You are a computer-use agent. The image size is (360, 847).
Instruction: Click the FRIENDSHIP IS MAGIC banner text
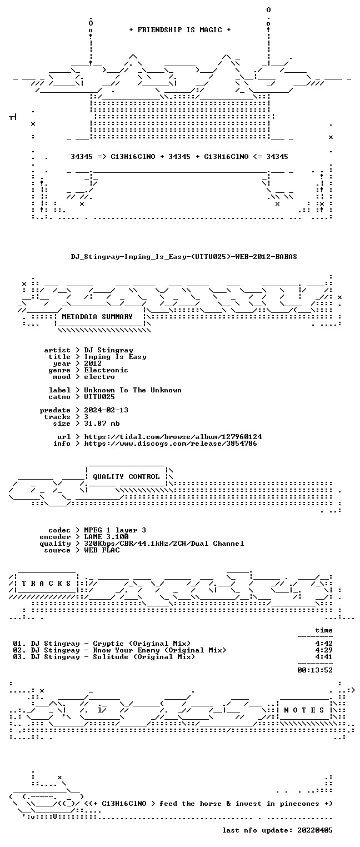[179, 30]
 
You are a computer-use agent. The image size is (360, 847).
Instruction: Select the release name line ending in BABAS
[184, 257]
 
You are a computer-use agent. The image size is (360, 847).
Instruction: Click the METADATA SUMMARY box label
[97, 317]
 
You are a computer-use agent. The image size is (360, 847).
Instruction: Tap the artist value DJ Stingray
[108, 351]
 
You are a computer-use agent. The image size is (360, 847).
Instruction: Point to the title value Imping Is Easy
[115, 357]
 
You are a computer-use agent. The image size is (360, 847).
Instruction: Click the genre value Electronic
[106, 371]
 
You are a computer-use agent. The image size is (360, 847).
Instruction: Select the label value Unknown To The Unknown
[133, 390]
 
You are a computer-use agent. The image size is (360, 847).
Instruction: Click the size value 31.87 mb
[102, 423]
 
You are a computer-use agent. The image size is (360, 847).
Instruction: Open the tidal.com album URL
[173, 437]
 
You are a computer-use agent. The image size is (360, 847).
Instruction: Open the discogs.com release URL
[171, 444]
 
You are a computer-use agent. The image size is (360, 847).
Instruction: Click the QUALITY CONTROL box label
[126, 477]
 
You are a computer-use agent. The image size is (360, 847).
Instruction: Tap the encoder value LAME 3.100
[106, 537]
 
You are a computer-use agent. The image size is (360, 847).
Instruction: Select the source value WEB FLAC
[102, 550]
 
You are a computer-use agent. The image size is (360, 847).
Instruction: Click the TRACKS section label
[46, 584]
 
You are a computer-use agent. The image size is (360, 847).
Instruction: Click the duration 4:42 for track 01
[324, 644]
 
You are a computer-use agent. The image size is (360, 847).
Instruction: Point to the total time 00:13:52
[315, 670]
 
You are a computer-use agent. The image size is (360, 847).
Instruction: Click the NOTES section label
[304, 710]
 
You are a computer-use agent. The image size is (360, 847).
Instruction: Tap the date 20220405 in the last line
[315, 830]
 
